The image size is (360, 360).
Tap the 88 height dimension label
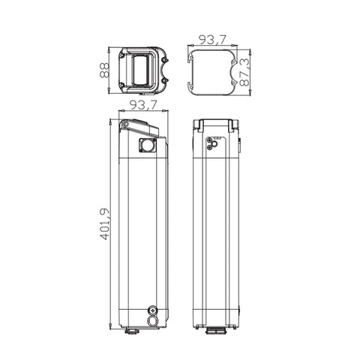coord(104,70)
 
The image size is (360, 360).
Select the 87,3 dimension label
coord(244,72)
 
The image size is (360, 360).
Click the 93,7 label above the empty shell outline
coord(212,40)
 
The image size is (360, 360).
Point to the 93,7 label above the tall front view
coord(143,105)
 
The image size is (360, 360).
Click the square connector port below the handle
coord(148,145)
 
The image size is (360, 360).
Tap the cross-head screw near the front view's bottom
coord(152,310)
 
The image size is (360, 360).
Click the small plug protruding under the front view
coord(132,331)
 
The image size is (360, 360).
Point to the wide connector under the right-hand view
coord(216,331)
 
